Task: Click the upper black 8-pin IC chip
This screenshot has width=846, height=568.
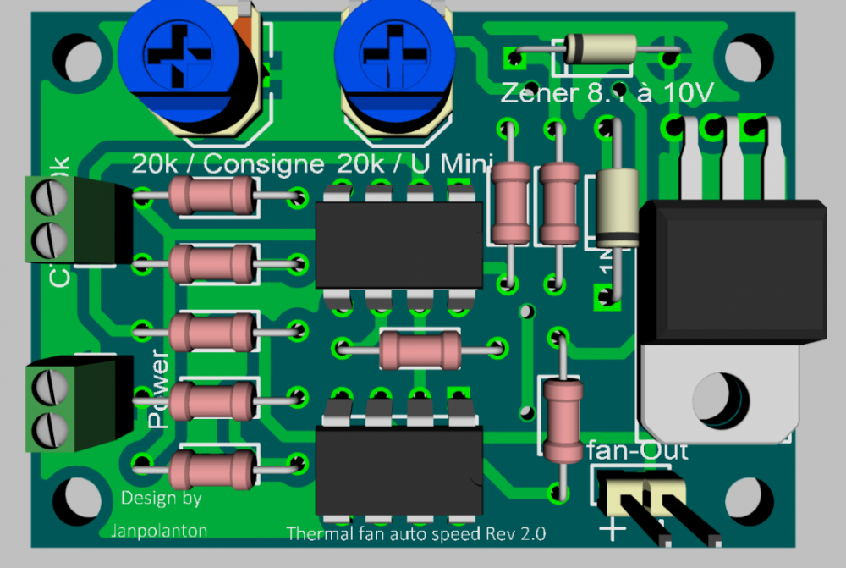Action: click(398, 244)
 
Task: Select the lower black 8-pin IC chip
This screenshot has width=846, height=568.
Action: click(398, 470)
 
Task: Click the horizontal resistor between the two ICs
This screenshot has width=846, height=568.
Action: click(420, 349)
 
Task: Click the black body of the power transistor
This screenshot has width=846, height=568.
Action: click(733, 271)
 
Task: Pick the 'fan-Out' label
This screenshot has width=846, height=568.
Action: click(637, 450)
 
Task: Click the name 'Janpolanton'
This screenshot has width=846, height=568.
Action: click(158, 531)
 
